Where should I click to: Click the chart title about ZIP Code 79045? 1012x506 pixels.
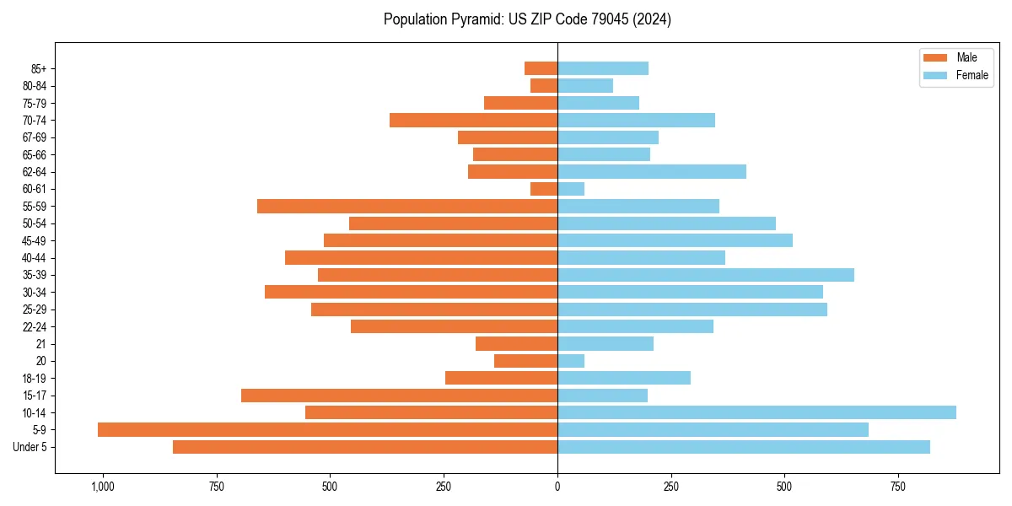tap(527, 19)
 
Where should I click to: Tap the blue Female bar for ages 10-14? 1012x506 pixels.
tap(756, 412)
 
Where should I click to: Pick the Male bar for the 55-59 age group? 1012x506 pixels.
tap(407, 207)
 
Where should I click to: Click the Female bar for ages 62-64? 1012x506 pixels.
tap(652, 172)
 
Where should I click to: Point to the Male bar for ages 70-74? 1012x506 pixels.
tap(473, 121)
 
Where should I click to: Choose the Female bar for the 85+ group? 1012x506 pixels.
tap(603, 68)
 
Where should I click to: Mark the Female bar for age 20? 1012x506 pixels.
tap(571, 361)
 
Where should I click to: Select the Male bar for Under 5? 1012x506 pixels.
tap(365, 447)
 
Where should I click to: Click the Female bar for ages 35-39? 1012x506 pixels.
tap(706, 275)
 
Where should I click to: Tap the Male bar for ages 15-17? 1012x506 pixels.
tap(399, 396)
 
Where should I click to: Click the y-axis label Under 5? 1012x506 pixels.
tap(30, 447)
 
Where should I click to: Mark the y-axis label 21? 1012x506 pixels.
tap(40, 344)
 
